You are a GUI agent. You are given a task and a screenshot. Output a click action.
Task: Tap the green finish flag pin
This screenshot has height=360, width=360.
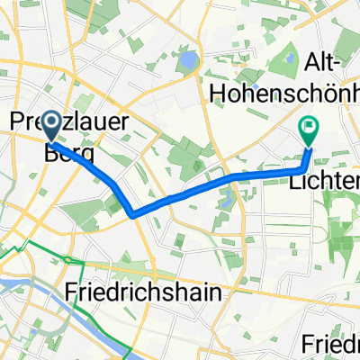(x=309, y=131)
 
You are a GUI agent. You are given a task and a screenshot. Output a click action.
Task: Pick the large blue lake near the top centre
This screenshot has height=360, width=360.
(x=188, y=61)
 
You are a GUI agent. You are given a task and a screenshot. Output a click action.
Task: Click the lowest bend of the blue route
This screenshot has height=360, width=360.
(x=134, y=215)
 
